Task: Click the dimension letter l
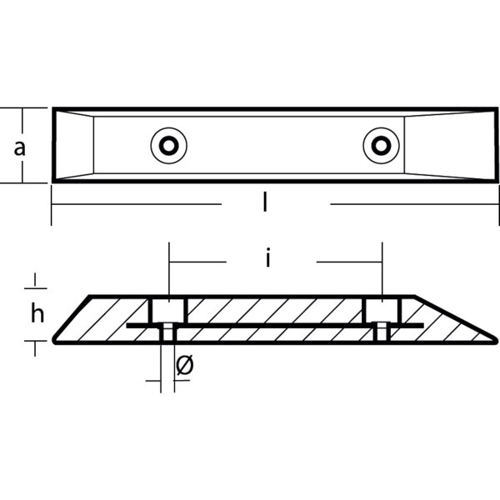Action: tap(265, 202)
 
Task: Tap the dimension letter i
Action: tap(268, 259)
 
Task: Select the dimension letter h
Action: tap(37, 313)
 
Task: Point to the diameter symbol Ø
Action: tap(185, 364)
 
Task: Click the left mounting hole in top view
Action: tap(169, 146)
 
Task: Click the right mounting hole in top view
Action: tap(381, 146)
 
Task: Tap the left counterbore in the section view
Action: tap(167, 310)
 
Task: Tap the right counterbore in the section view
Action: tap(382, 310)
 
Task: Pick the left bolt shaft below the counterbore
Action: tap(167, 332)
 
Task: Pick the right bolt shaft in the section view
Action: tap(382, 332)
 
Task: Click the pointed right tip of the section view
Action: tap(495, 338)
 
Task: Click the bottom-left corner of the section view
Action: tap(56, 341)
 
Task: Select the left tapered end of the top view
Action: tap(73, 146)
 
